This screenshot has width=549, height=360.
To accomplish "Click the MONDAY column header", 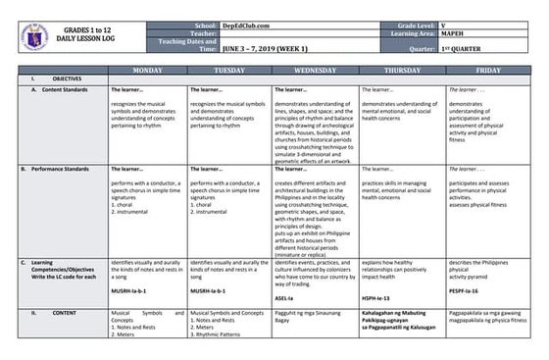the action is [x=147, y=71].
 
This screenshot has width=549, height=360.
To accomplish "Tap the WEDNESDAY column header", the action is [x=314, y=71].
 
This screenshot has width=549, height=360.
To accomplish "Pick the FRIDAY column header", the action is [x=487, y=71].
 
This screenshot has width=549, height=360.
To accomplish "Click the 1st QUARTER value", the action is [x=466, y=46].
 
